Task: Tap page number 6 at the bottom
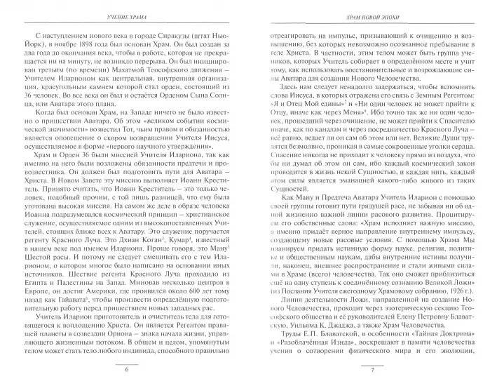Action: point(126,368)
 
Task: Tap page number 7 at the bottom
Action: point(371,368)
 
